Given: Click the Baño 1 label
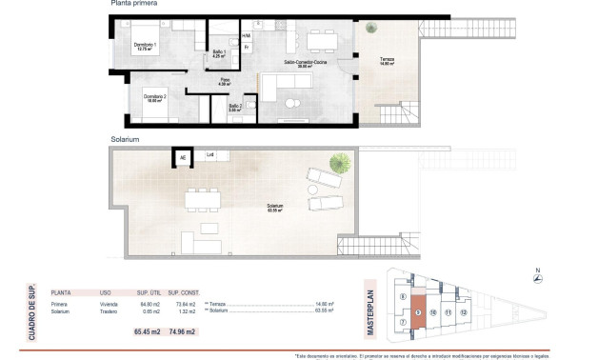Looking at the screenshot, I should coord(218,52).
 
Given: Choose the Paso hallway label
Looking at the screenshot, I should coord(226,81).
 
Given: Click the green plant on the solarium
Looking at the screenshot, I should coord(338,161).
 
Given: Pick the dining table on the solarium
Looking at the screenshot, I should coord(202,199).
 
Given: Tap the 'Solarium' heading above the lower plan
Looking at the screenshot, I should coord(126,139).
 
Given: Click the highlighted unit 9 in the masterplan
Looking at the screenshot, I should coord(418,311).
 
